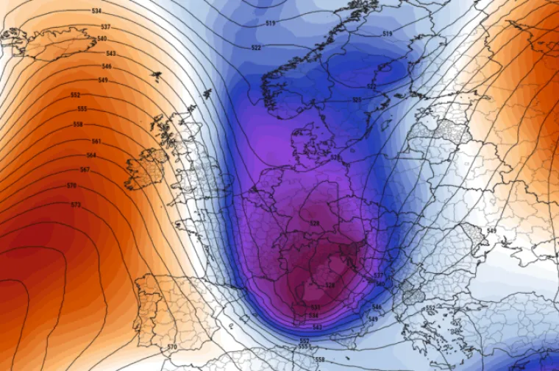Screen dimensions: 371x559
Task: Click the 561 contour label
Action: pyautogui.click(x=96, y=141)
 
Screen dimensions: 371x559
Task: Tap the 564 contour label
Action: pyautogui.click(x=91, y=155)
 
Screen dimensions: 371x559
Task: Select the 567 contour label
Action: pyautogui.click(x=85, y=170)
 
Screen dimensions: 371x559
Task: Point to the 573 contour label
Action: pyautogui.click(x=76, y=205)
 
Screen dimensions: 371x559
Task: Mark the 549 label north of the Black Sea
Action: pyautogui.click(x=491, y=231)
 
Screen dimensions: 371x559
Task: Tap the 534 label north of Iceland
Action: pyautogui.click(x=96, y=11)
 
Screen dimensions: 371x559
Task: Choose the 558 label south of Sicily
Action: pyautogui.click(x=320, y=359)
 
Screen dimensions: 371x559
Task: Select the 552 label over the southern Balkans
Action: pyautogui.click(x=430, y=308)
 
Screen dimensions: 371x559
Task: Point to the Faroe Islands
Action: pyautogui.click(x=157, y=76)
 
